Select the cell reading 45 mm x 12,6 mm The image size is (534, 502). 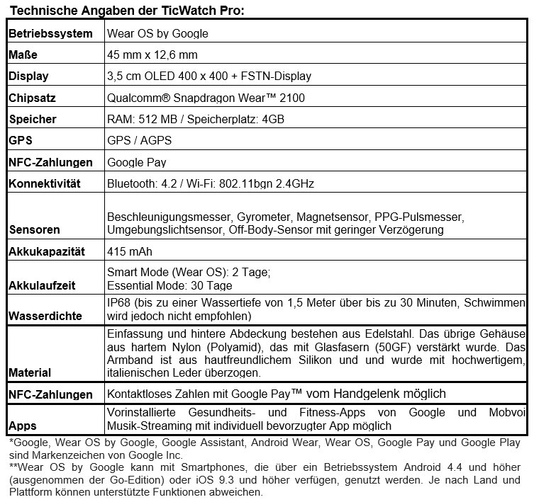tap(152, 55)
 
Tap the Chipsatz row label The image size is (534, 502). tap(32, 98)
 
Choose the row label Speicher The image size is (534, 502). tap(32, 119)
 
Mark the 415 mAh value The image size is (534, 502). tap(129, 251)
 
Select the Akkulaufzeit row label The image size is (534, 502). tap(42, 286)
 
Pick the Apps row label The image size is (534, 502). tap(23, 426)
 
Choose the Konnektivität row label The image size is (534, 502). tap(45, 184)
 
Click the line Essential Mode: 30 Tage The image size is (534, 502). tap(169, 286)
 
